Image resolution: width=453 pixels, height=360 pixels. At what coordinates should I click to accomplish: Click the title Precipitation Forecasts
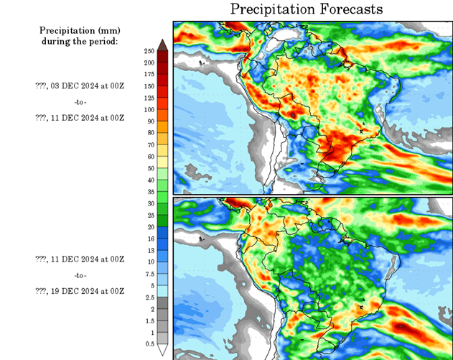pyautogui.click(x=307, y=9)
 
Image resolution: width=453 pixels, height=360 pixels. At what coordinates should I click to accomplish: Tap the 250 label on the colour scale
pyautogui.click(x=149, y=51)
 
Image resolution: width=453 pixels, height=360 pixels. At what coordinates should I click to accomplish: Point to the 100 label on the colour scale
pyautogui.click(x=149, y=109)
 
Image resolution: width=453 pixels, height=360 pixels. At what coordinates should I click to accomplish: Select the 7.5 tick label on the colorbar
pyautogui.click(x=149, y=273)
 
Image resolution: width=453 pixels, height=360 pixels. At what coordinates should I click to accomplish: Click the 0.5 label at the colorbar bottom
pyautogui.click(x=149, y=344)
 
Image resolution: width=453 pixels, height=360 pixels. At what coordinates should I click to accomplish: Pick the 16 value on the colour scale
pyautogui.click(x=149, y=239)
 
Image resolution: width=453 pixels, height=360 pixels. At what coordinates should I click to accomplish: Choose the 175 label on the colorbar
pyautogui.click(x=149, y=74)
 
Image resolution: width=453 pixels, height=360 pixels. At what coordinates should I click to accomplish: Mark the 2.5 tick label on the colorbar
pyautogui.click(x=149, y=297)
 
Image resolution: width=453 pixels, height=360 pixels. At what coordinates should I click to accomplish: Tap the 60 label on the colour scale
pyautogui.click(x=149, y=156)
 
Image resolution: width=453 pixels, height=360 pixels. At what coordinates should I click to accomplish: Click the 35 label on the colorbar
pyautogui.click(x=149, y=192)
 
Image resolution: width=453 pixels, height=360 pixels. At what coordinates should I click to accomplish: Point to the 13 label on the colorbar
pyautogui.click(x=149, y=250)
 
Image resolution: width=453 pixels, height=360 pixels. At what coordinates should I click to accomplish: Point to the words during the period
pyautogui.click(x=79, y=41)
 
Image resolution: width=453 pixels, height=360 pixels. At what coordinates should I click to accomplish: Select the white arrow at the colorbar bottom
pyautogui.click(x=163, y=350)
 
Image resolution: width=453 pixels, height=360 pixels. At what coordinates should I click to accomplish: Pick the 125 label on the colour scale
pyautogui.click(x=149, y=98)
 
